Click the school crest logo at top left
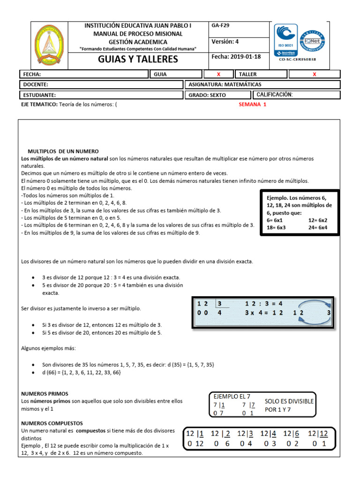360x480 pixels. coord(50,45)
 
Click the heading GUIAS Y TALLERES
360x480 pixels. coord(138,59)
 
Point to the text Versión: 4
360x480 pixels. coord(225,42)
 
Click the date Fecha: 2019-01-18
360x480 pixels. coord(236,57)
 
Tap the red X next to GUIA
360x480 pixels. coord(218,75)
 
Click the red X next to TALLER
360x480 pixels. coord(314,75)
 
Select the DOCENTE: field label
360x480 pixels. coord(35,85)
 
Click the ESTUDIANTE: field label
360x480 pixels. coord(38,95)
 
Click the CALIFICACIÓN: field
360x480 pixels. coord(275,95)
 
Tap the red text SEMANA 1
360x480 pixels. coord(252,105)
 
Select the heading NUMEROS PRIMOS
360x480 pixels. coord(45,394)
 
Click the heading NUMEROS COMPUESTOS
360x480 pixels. coord(52,423)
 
